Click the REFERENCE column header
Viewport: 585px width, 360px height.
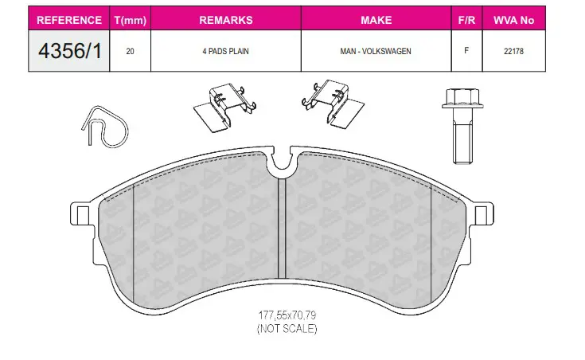(x=69, y=20)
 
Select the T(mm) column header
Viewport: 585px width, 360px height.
(x=131, y=20)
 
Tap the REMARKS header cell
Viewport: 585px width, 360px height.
(x=226, y=20)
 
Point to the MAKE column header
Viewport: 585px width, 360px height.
(x=376, y=20)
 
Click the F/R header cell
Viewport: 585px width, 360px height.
(x=466, y=20)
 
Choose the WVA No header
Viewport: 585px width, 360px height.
(x=513, y=20)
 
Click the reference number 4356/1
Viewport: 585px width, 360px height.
(x=70, y=51)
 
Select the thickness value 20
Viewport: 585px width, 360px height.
(x=130, y=51)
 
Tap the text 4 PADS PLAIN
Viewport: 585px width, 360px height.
(x=225, y=51)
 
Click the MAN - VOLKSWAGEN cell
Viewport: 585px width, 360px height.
(x=376, y=51)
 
